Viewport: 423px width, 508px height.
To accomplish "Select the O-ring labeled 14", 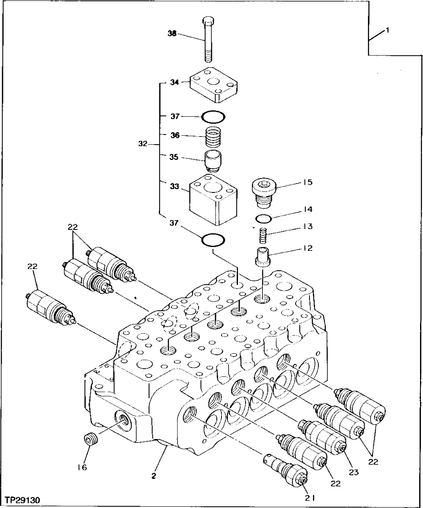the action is click(x=264, y=219).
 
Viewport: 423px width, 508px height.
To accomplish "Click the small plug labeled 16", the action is click(x=89, y=439).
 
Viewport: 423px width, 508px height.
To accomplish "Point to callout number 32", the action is click(x=142, y=144).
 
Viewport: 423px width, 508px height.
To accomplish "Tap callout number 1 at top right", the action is click(x=387, y=30).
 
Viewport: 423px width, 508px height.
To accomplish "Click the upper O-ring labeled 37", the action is click(x=213, y=115).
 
